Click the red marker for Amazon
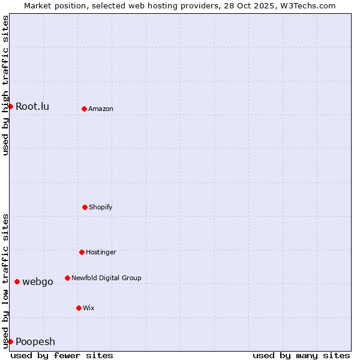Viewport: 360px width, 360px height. pos(84,109)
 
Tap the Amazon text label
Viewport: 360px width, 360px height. pos(101,109)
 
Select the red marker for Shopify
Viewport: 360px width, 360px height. pos(85,207)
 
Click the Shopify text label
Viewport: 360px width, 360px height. pos(101,208)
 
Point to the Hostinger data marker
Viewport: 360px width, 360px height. pos(82,252)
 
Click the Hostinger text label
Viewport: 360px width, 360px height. pos(101,253)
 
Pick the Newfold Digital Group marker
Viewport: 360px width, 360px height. pos(67,278)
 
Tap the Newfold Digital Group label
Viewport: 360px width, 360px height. pos(106,278)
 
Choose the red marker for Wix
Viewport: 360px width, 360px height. pos(79,308)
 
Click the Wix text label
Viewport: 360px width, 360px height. pos(89,308)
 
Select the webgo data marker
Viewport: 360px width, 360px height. pos(17,281)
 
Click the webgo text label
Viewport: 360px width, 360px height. pos(38,282)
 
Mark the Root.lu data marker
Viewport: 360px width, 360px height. pos(10,106)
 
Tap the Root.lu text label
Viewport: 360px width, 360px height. pos(32,107)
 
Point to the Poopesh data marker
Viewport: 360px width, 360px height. pos(10,341)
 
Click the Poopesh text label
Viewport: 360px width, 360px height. pos(35,342)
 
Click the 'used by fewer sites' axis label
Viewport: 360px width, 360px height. pos(62,355)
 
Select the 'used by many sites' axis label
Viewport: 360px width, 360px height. pos(301,355)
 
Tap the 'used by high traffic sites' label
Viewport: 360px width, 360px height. pos(5,85)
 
